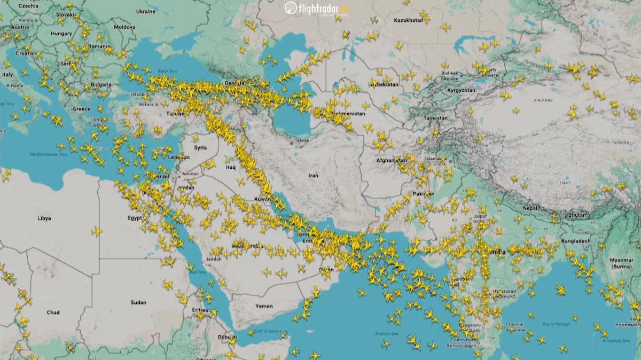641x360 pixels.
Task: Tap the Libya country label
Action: (x=44, y=218)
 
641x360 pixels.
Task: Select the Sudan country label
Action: (x=138, y=302)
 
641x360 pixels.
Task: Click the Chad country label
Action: (x=53, y=312)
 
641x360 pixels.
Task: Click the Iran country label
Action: (x=314, y=175)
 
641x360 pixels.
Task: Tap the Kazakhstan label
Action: (x=408, y=20)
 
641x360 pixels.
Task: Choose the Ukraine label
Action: (x=145, y=11)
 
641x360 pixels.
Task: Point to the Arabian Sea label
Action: (x=387, y=334)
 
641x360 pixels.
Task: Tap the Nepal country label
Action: (x=530, y=208)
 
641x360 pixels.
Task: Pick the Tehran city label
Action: (x=302, y=140)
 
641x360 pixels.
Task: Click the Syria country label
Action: (x=200, y=147)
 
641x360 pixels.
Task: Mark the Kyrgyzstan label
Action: (x=461, y=91)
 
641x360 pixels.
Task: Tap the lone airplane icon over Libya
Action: (x=97, y=231)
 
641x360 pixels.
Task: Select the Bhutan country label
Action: (x=577, y=215)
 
